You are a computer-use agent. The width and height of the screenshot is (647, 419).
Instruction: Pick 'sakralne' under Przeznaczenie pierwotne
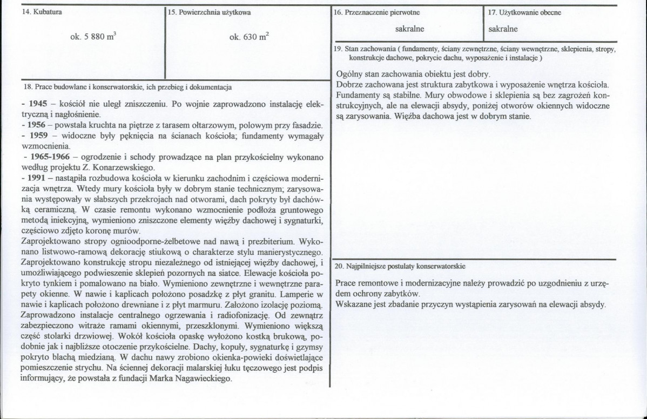point(409,28)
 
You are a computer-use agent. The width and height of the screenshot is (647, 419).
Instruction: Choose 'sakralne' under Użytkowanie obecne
point(503,28)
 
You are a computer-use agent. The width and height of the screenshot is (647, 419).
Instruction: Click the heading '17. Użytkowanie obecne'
point(525,12)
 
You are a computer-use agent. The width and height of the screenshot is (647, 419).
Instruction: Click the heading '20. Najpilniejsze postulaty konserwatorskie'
point(400,266)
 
